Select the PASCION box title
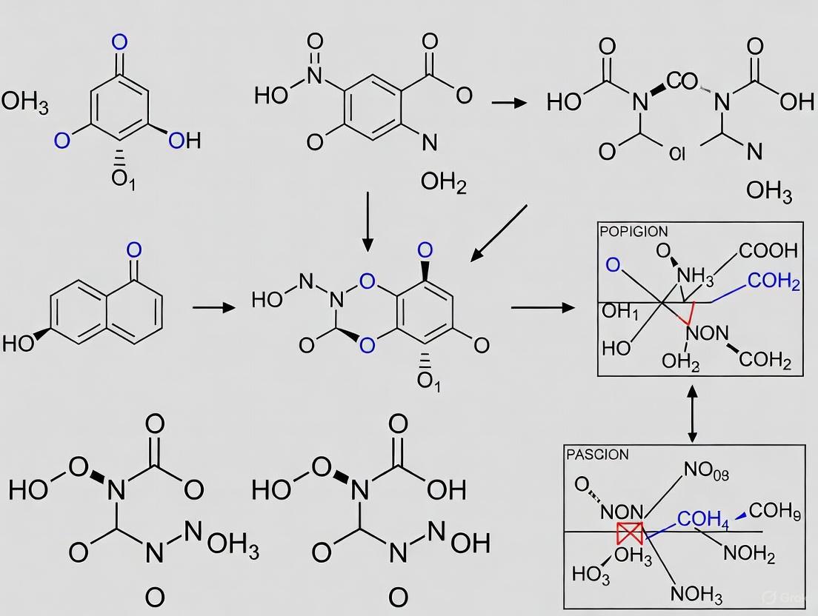pyautogui.click(x=597, y=454)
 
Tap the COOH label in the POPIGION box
pyautogui.click(x=768, y=251)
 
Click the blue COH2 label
pyautogui.click(x=774, y=282)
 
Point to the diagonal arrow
pyautogui.click(x=499, y=233)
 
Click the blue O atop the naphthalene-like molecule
pyautogui.click(x=133, y=250)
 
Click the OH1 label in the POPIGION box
pyautogui.click(x=620, y=312)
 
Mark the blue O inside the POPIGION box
pyautogui.click(x=613, y=264)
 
